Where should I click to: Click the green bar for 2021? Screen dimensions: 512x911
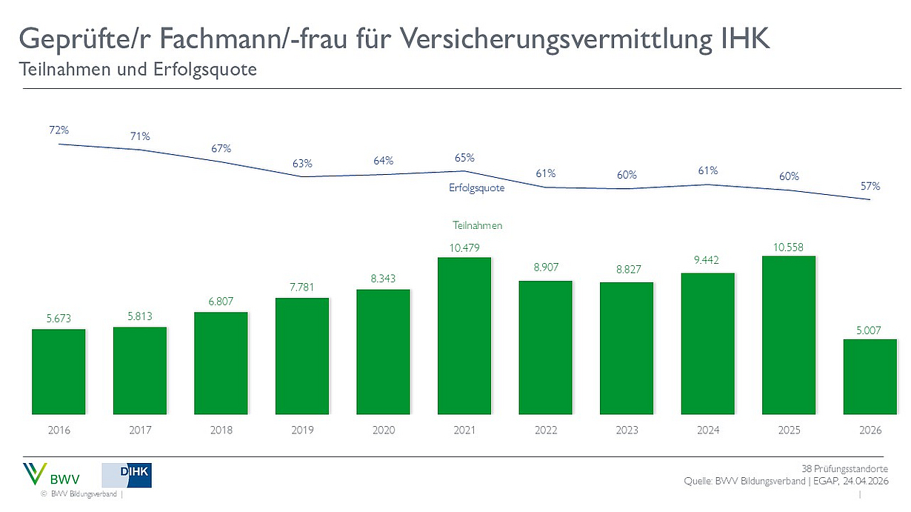[x=464, y=336]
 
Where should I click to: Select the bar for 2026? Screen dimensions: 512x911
[x=870, y=376]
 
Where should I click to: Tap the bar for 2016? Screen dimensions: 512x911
[x=59, y=371]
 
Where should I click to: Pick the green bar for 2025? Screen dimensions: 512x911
[x=789, y=335]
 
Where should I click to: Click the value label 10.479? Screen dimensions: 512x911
[x=464, y=247]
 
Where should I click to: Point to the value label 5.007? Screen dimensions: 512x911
[x=870, y=330]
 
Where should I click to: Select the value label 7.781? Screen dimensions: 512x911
[x=302, y=287]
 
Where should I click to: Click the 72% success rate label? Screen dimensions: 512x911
[x=59, y=130]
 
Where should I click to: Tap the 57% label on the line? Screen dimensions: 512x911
[x=870, y=186]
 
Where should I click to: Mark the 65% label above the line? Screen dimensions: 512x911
[x=464, y=158]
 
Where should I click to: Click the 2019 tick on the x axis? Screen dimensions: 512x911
[x=302, y=430]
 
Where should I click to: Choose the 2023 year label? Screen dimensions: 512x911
[x=627, y=430]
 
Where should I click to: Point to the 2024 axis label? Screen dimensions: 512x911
[x=708, y=430]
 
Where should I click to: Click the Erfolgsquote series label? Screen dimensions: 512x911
[x=476, y=188]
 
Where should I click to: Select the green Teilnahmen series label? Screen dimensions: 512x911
[x=478, y=225]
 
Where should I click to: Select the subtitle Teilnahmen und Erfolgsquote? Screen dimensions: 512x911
[x=137, y=70]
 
